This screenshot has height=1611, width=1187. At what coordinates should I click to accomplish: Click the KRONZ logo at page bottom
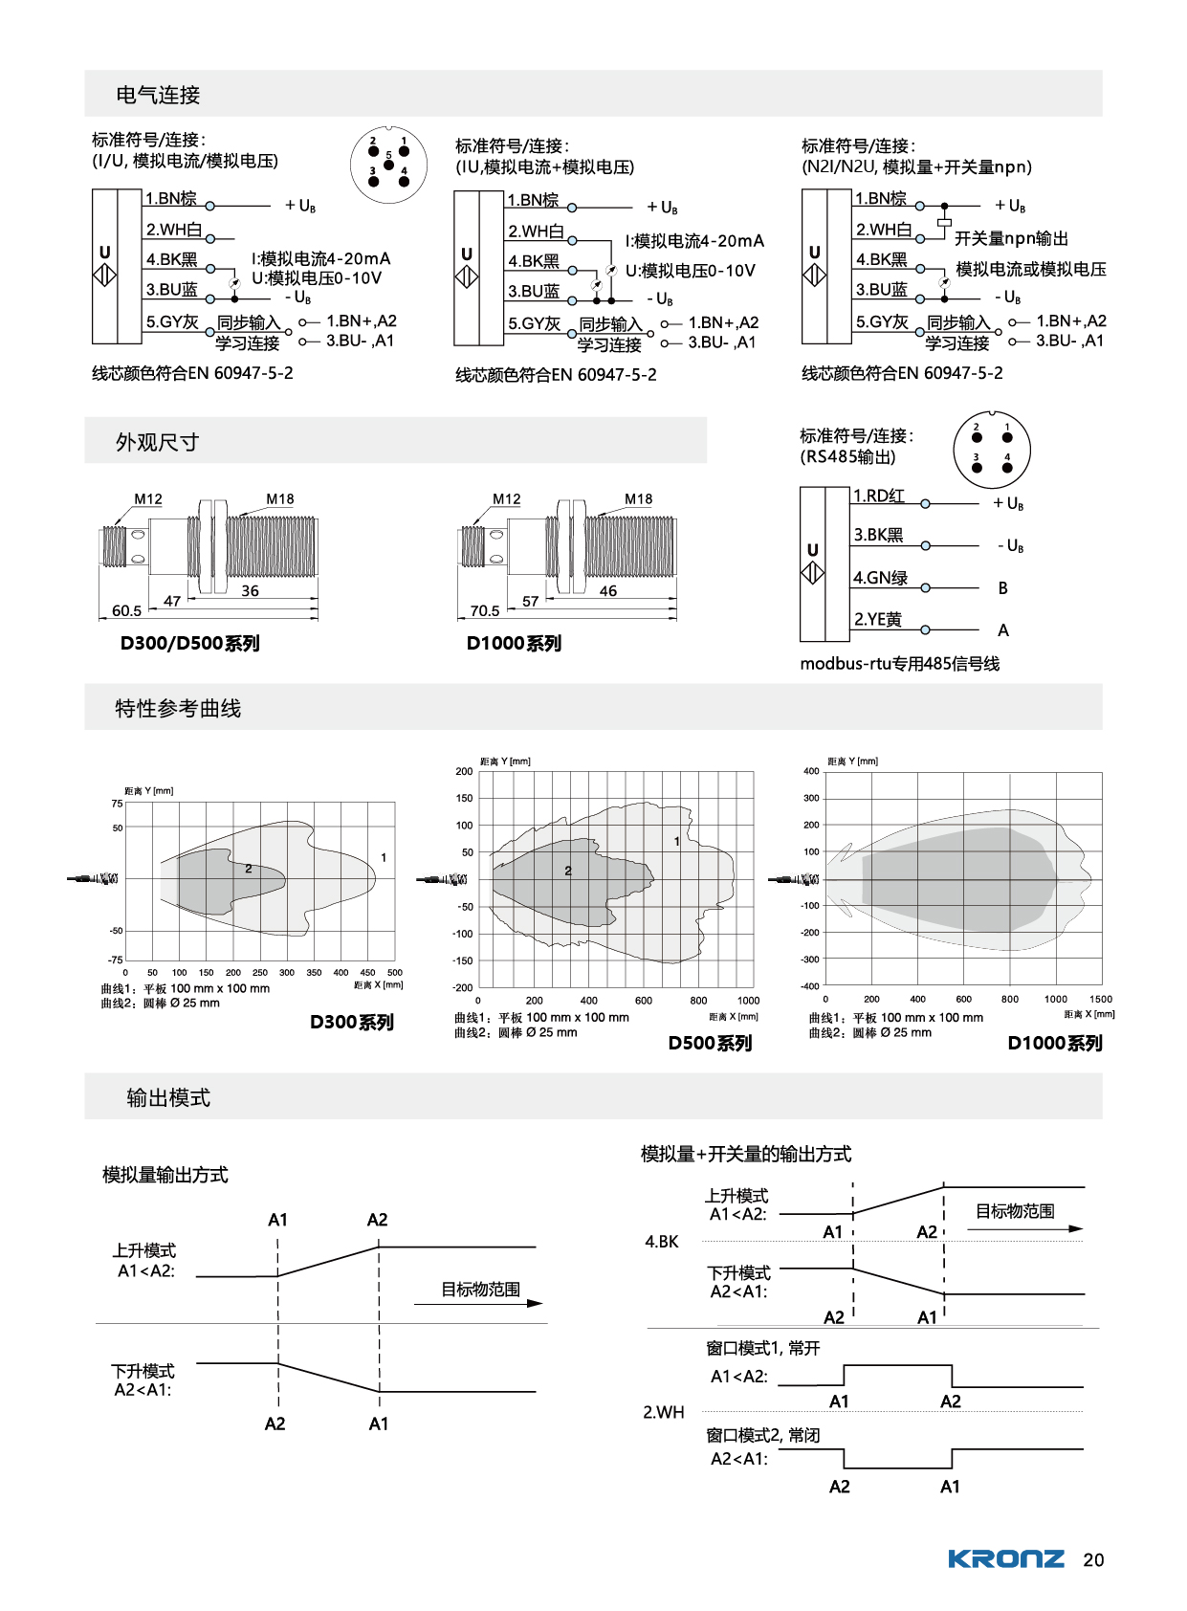(1005, 1559)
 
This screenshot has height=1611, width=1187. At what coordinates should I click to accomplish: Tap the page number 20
(1093, 1560)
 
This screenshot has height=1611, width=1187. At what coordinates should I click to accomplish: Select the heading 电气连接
(158, 95)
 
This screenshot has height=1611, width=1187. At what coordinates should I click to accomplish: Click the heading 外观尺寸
(157, 442)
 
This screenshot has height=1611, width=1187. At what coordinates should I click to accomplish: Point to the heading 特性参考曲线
(178, 708)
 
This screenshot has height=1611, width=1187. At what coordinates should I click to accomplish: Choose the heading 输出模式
(168, 1097)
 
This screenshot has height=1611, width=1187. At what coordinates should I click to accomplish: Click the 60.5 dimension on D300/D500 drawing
(126, 610)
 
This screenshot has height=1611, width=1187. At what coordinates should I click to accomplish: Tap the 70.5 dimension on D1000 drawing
(485, 610)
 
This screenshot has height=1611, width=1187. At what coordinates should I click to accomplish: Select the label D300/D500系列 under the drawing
(189, 644)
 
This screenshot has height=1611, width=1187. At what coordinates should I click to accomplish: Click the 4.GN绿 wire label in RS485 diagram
(880, 578)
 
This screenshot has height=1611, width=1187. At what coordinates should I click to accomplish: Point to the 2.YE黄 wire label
(877, 620)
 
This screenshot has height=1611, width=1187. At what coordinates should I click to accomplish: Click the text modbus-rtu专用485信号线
(899, 664)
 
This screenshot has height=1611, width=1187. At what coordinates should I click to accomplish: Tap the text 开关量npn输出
(1011, 238)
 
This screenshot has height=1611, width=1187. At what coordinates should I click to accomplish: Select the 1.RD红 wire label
(878, 496)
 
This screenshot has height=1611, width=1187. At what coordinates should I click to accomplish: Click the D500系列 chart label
(710, 1044)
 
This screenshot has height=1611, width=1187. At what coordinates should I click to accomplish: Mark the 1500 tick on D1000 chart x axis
(1101, 999)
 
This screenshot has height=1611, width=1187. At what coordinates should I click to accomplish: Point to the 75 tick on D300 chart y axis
(117, 804)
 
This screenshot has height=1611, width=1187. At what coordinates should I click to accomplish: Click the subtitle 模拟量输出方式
(165, 1175)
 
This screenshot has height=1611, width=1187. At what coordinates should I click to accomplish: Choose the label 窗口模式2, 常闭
(762, 1435)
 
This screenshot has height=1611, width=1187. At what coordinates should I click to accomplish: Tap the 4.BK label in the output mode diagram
(661, 1242)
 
